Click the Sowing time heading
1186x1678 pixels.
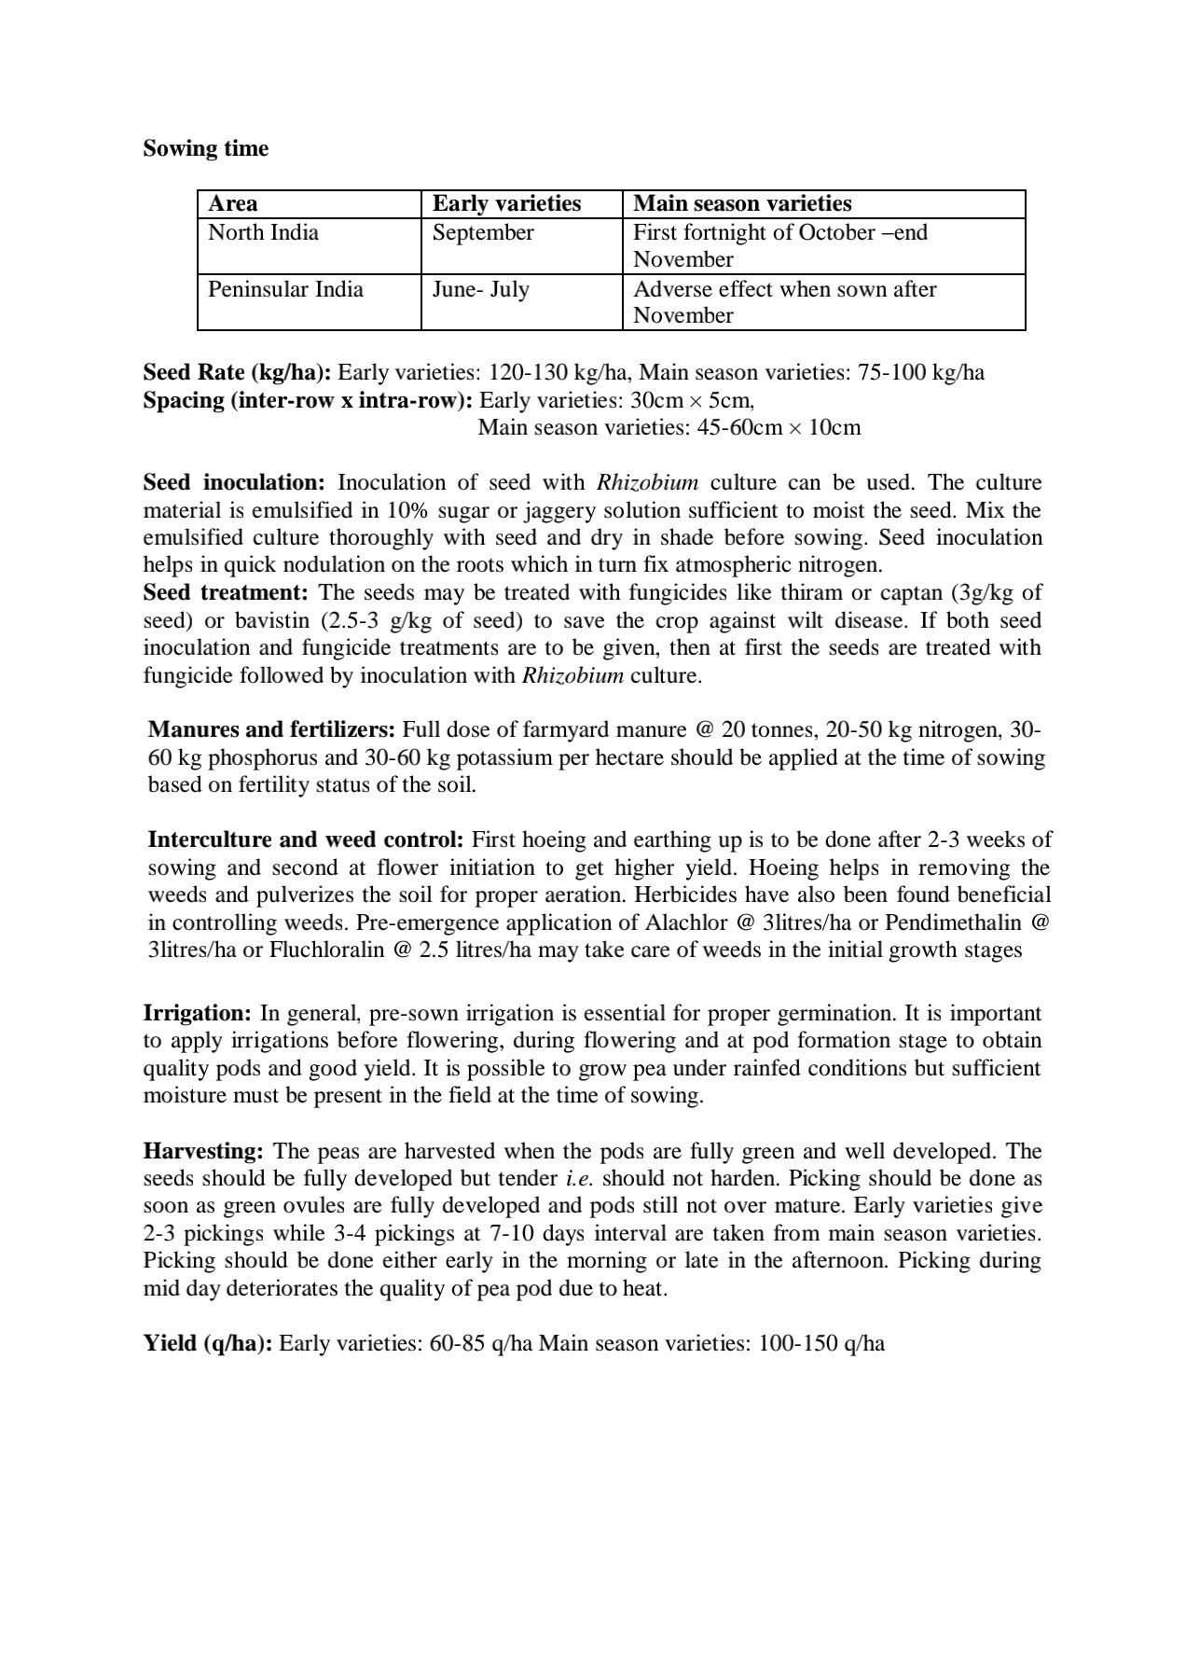(205, 149)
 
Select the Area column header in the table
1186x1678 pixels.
(233, 204)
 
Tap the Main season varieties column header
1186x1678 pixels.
(742, 204)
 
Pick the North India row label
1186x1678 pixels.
(263, 233)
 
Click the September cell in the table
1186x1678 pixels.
(483, 233)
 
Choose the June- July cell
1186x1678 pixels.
(480, 289)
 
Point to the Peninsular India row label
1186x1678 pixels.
(285, 289)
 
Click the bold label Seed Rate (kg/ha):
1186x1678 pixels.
(237, 373)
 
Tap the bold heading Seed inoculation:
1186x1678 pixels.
(233, 483)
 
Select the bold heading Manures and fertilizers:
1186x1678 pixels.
(272, 729)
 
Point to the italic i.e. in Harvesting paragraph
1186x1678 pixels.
(580, 1179)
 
